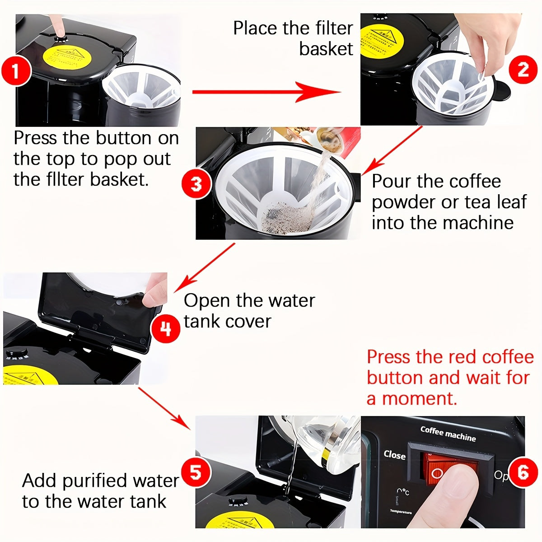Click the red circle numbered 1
16,71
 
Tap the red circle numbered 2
523,70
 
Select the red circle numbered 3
196,184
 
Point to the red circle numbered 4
165,328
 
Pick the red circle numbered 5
196,472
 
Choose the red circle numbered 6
523,472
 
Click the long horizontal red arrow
266,92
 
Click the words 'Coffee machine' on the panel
448,434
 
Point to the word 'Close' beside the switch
394,455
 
